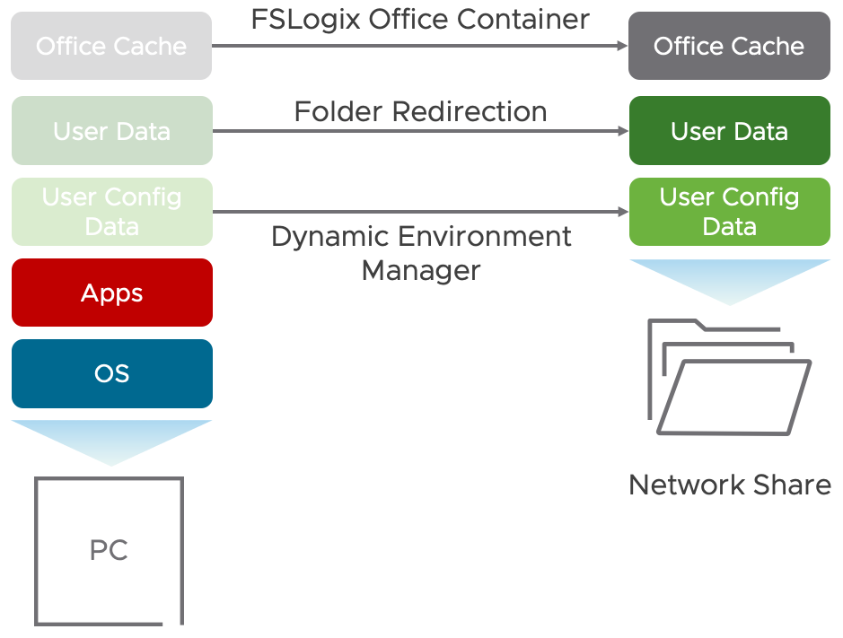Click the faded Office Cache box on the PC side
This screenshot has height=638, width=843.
(111, 46)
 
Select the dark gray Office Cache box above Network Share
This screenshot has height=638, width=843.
(729, 46)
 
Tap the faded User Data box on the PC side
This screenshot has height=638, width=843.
(111, 131)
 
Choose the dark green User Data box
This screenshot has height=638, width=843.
(729, 131)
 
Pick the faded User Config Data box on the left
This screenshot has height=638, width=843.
(111, 212)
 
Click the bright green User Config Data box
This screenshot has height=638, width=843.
(729, 212)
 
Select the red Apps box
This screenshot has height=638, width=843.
(111, 293)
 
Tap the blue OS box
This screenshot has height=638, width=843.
(111, 373)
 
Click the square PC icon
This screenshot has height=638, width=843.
(110, 550)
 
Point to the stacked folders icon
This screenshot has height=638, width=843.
(729, 377)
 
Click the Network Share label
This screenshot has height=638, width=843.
(729, 485)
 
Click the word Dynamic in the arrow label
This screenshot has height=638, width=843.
(331, 237)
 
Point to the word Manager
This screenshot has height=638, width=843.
(421, 269)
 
